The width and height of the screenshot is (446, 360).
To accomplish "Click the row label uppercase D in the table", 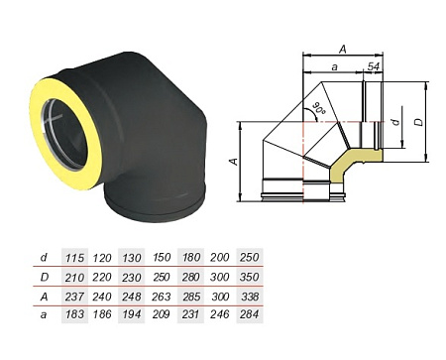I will (x=44, y=279).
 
